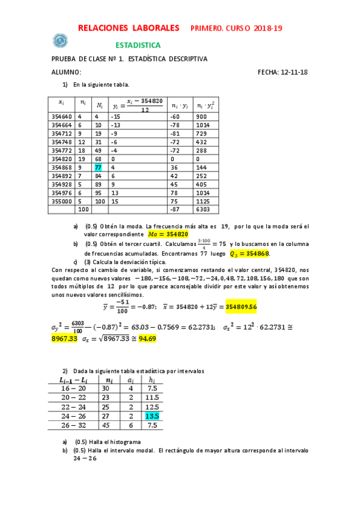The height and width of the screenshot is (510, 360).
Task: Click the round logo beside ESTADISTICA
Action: (x=60, y=41)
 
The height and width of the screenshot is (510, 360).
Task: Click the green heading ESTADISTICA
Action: (x=138, y=45)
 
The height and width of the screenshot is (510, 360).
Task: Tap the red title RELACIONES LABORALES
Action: (x=129, y=28)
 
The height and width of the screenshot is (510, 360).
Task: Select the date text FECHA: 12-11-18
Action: (x=282, y=72)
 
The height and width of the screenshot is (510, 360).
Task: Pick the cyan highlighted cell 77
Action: (x=99, y=167)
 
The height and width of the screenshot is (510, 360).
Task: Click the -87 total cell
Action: (x=175, y=209)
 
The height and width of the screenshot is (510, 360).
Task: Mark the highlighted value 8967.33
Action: (x=67, y=338)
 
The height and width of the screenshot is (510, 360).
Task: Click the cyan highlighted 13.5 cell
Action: (x=151, y=415)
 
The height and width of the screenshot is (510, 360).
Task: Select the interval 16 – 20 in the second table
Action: (x=73, y=389)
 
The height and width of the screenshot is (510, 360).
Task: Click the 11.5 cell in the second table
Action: (x=151, y=398)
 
